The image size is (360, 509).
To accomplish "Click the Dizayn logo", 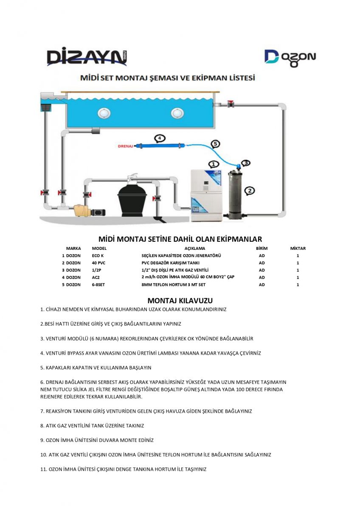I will (x=87, y=57).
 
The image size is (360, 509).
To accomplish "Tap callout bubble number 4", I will (x=159, y=138).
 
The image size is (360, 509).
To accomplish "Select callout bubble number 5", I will (x=215, y=144).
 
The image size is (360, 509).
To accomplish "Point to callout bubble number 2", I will (x=250, y=190).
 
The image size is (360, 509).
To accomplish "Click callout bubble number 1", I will (x=214, y=164).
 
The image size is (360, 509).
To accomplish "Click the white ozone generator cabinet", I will (x=206, y=195).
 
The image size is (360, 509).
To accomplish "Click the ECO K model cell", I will (x=98, y=256).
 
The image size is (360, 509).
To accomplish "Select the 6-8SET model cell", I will (x=98, y=285).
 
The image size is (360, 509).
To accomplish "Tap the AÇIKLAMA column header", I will (x=194, y=249).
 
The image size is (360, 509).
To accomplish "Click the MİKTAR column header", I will (x=298, y=249).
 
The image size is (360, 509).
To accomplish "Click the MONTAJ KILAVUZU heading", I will (x=180, y=301).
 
